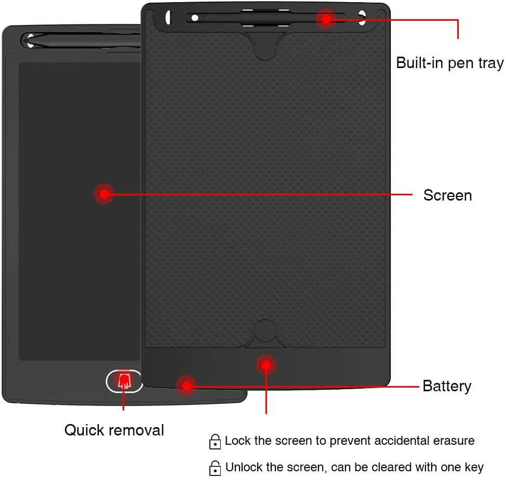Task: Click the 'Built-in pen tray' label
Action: pos(449,63)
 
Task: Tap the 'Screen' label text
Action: pos(447,195)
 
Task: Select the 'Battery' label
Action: pos(447,386)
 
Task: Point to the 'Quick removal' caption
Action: pos(114,430)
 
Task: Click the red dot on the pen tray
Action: pos(326,19)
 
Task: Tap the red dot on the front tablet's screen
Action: pos(104,194)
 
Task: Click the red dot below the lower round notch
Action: pos(266,365)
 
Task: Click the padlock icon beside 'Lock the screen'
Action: pos(215,442)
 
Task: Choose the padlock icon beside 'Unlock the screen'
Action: pos(215,467)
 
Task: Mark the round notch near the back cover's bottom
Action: pos(266,331)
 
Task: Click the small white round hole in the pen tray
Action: pos(195,18)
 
